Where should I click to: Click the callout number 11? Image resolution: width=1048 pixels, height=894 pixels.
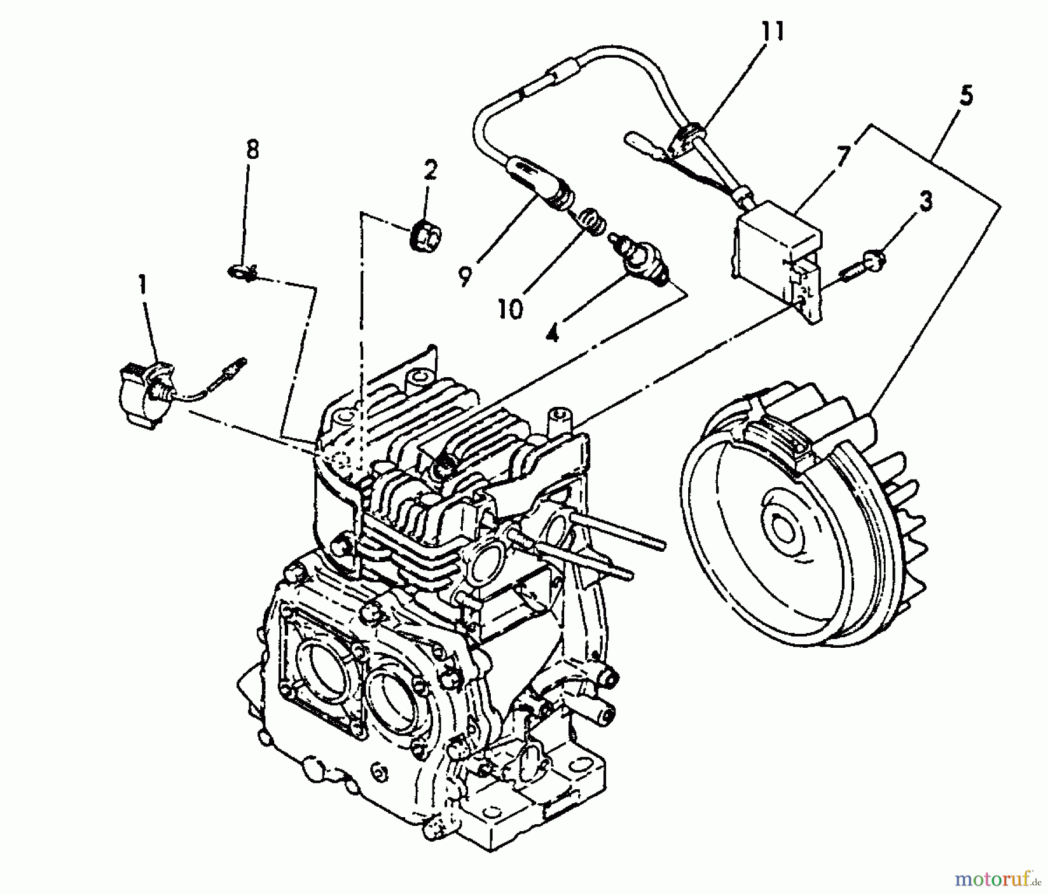[x=773, y=31]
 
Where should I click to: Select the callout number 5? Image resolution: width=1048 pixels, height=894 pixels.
[x=965, y=95]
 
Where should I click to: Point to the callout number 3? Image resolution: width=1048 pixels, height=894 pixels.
[x=925, y=201]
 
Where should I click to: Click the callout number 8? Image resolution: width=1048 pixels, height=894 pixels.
[x=252, y=150]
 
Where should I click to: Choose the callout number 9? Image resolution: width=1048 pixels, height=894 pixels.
[x=464, y=276]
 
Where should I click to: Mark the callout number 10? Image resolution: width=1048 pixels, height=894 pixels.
[x=511, y=308]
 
